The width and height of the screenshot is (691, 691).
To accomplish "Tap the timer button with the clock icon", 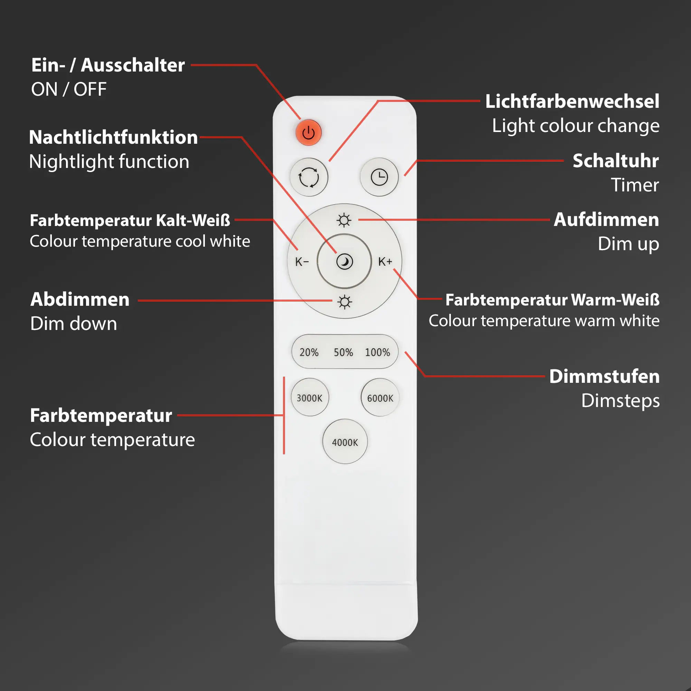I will click(x=379, y=177).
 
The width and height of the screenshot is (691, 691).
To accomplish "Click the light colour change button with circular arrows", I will click(x=309, y=177).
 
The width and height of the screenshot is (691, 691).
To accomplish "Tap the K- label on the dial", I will click(x=302, y=262).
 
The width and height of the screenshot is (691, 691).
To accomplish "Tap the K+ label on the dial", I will click(x=385, y=262).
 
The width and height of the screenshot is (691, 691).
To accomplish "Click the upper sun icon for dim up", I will click(x=344, y=220).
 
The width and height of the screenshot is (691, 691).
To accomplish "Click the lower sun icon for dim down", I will click(x=344, y=302).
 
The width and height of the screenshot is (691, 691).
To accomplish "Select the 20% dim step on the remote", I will click(x=309, y=352).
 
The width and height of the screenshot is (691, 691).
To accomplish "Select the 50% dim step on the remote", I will click(x=343, y=352).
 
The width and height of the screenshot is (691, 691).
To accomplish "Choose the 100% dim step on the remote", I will click(x=377, y=352).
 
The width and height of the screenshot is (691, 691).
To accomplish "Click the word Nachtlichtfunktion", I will click(x=113, y=138).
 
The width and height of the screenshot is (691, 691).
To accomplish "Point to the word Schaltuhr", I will click(x=616, y=161).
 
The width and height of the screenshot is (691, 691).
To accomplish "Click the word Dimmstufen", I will click(x=604, y=377).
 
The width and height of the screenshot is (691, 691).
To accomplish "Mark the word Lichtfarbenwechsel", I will click(x=572, y=101).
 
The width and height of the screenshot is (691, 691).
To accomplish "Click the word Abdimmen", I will click(x=80, y=299).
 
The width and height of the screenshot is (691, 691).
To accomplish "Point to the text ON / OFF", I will click(x=69, y=89).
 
